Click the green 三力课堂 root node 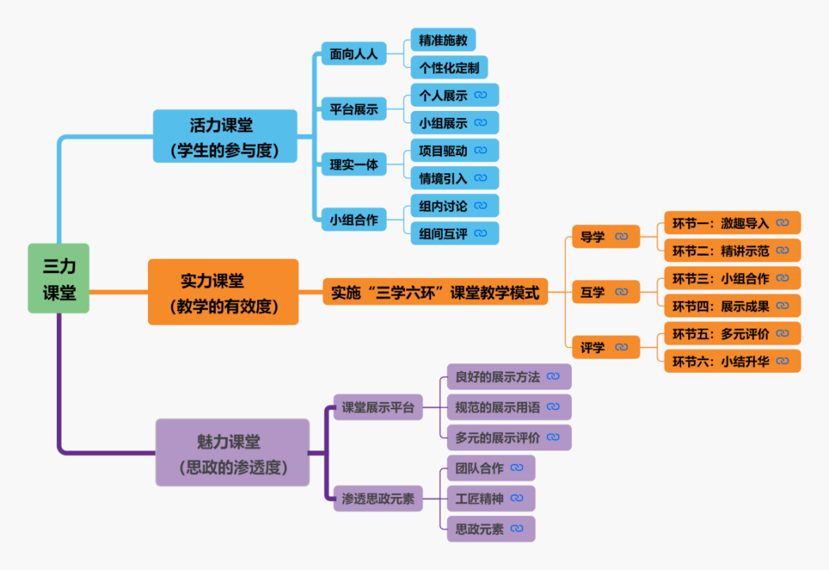[x=59, y=278]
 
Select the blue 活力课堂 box [x=225, y=136]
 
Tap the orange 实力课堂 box [x=223, y=291]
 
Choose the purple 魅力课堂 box [x=232, y=452]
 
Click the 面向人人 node [x=354, y=54]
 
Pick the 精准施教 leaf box [x=443, y=40]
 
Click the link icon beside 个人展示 [x=481, y=95]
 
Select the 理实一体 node [x=354, y=165]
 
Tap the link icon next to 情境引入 [x=481, y=177]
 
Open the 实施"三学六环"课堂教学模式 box [x=435, y=292]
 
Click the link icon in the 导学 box [x=622, y=237]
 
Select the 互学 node [x=605, y=292]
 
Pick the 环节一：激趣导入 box [x=732, y=223]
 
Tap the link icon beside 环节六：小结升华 [x=782, y=361]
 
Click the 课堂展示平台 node [x=377, y=408]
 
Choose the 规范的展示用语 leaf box [x=508, y=407]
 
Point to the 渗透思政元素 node [x=377, y=499]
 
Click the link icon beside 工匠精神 [x=517, y=499]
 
